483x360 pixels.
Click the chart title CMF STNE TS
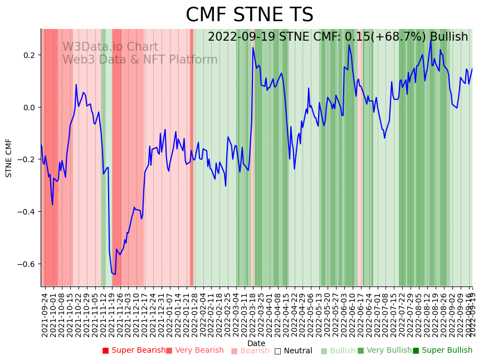tap(249, 15)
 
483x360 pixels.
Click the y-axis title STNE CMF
tap(9, 158)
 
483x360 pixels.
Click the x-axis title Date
tap(256, 343)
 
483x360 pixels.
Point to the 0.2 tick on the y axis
tap(28, 55)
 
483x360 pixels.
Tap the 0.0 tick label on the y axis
tap(28, 108)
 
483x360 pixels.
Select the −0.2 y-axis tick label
tap(26, 159)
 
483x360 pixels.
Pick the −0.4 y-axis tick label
tap(26, 212)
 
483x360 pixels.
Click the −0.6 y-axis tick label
tap(26, 264)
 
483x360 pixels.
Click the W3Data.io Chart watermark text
tap(110, 47)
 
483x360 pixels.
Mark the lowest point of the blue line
tap(115, 274)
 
